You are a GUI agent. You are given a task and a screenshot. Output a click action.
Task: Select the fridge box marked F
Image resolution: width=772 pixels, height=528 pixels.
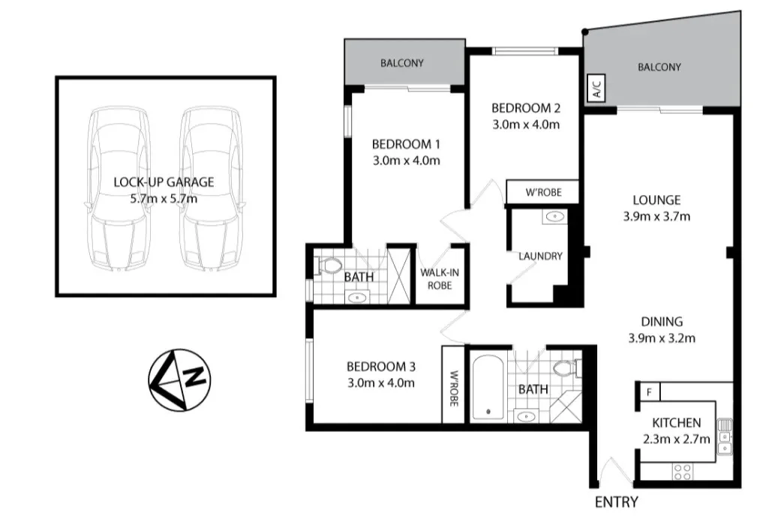[647, 391]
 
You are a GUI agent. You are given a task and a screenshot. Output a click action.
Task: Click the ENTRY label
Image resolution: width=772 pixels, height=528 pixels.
[616, 502]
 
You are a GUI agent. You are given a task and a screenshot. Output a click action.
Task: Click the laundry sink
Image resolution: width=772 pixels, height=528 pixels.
[554, 217]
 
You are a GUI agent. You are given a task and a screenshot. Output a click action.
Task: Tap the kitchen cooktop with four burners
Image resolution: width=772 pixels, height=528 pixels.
[682, 471]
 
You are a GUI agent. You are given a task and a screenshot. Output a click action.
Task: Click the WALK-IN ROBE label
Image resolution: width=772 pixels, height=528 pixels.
[439, 278]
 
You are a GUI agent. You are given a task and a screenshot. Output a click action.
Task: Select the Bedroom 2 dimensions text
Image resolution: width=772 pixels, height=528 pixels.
[526, 124]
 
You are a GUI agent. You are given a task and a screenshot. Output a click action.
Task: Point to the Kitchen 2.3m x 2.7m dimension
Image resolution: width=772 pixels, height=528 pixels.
[676, 439]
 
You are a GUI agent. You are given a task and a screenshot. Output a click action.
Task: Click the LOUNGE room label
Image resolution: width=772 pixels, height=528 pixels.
[656, 200]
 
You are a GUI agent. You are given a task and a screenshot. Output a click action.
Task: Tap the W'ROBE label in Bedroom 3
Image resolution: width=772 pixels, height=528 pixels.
[453, 385]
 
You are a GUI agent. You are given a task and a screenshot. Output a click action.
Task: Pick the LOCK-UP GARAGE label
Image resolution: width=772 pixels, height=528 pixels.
[164, 181]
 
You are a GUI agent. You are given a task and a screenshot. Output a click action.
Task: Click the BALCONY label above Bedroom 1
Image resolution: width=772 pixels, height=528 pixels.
[402, 64]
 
